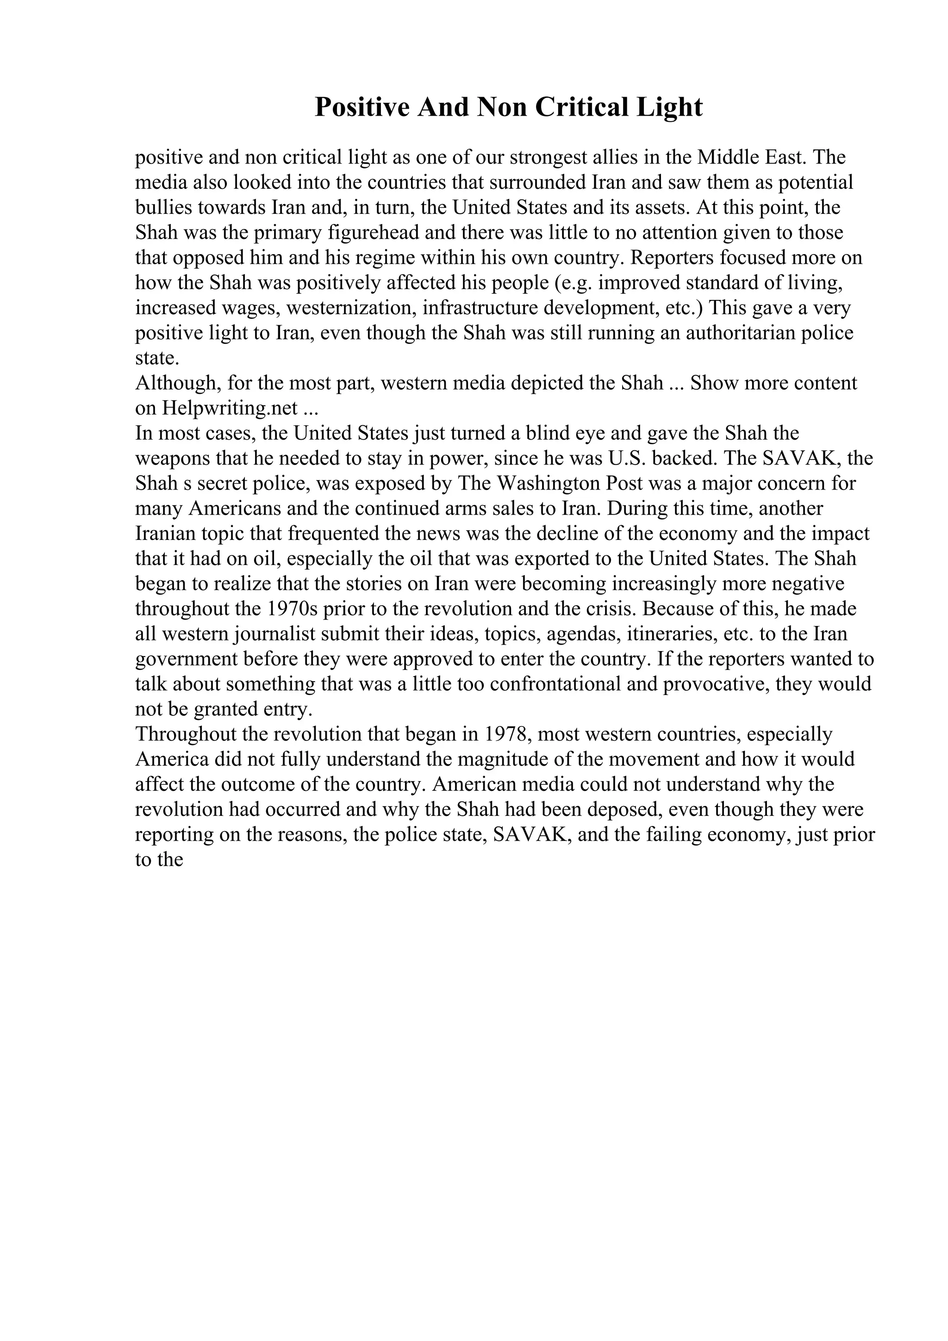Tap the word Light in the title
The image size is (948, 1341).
(669, 107)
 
